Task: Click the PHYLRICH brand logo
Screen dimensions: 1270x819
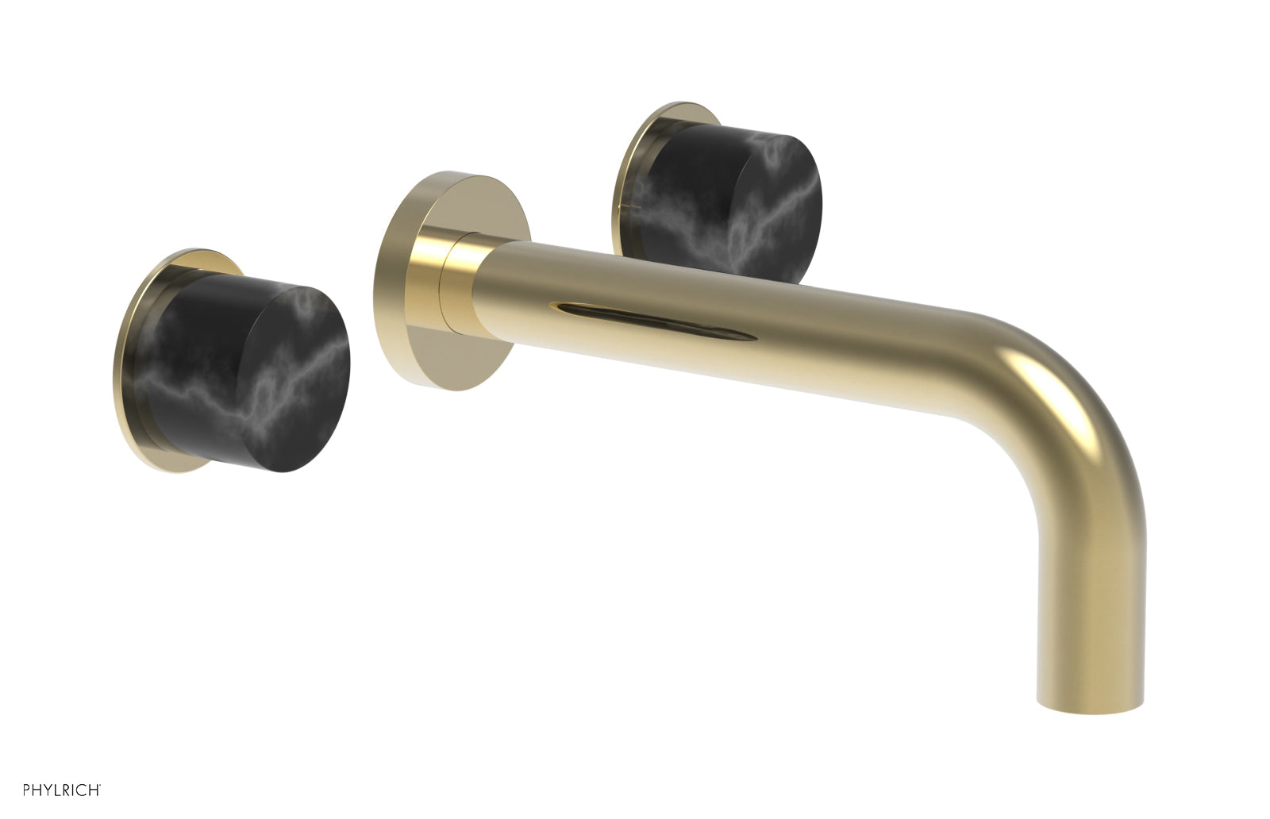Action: pos(61,790)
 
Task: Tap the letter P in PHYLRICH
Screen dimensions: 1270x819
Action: pos(26,790)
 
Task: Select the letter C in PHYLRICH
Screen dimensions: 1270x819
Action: pos(83,790)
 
